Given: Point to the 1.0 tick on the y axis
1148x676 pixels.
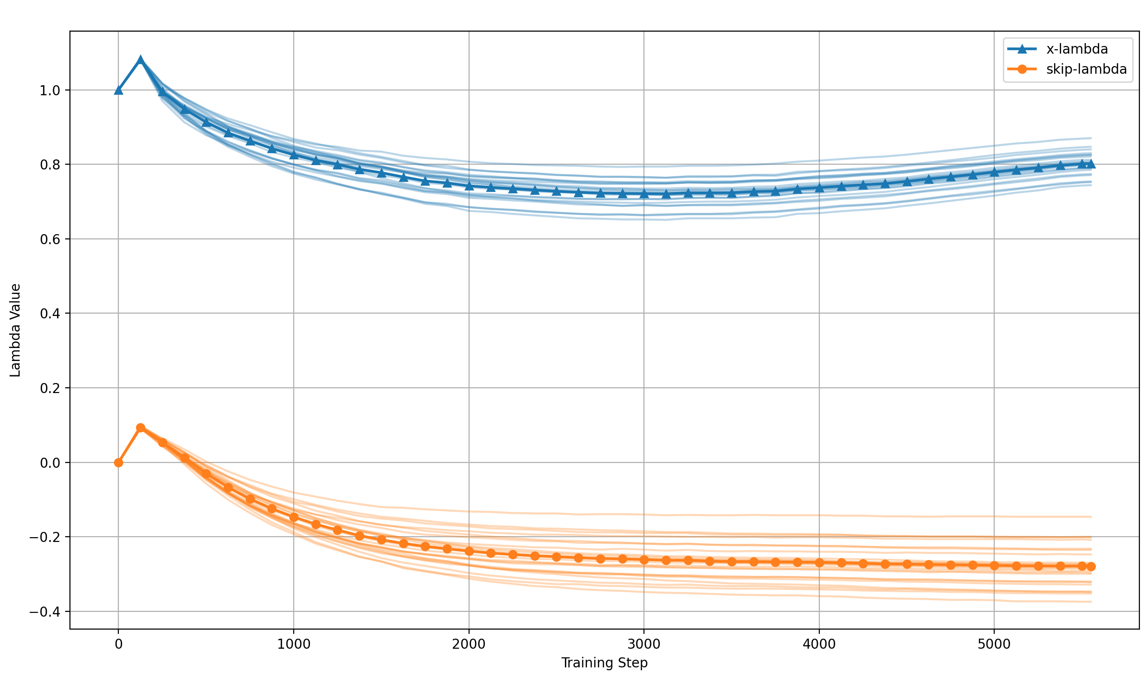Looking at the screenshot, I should point(49,90).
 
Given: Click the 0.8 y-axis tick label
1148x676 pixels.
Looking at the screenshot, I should point(49,165).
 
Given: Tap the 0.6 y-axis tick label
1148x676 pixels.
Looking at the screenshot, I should point(49,239).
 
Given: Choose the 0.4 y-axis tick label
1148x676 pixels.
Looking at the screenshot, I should point(49,314).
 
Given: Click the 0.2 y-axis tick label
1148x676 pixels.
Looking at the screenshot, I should point(49,388).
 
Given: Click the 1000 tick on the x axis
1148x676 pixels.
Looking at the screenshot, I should point(293,644).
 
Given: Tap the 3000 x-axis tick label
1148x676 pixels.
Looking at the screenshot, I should point(643,644).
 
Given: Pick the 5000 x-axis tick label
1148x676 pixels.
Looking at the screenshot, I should point(994,644).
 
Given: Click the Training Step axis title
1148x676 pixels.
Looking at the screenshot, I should point(604,663).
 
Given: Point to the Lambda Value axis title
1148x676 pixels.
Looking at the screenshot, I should point(15,330).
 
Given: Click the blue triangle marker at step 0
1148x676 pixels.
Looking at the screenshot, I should point(118,90).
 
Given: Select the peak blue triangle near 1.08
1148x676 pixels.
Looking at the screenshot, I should point(140,60).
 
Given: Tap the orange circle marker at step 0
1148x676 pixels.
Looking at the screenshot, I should point(118,462).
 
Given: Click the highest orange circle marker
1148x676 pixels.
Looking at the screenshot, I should point(140,428).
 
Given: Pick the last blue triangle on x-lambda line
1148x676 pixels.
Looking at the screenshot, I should point(1091,164).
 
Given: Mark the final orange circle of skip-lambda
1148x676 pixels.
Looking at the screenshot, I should point(1091,566).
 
